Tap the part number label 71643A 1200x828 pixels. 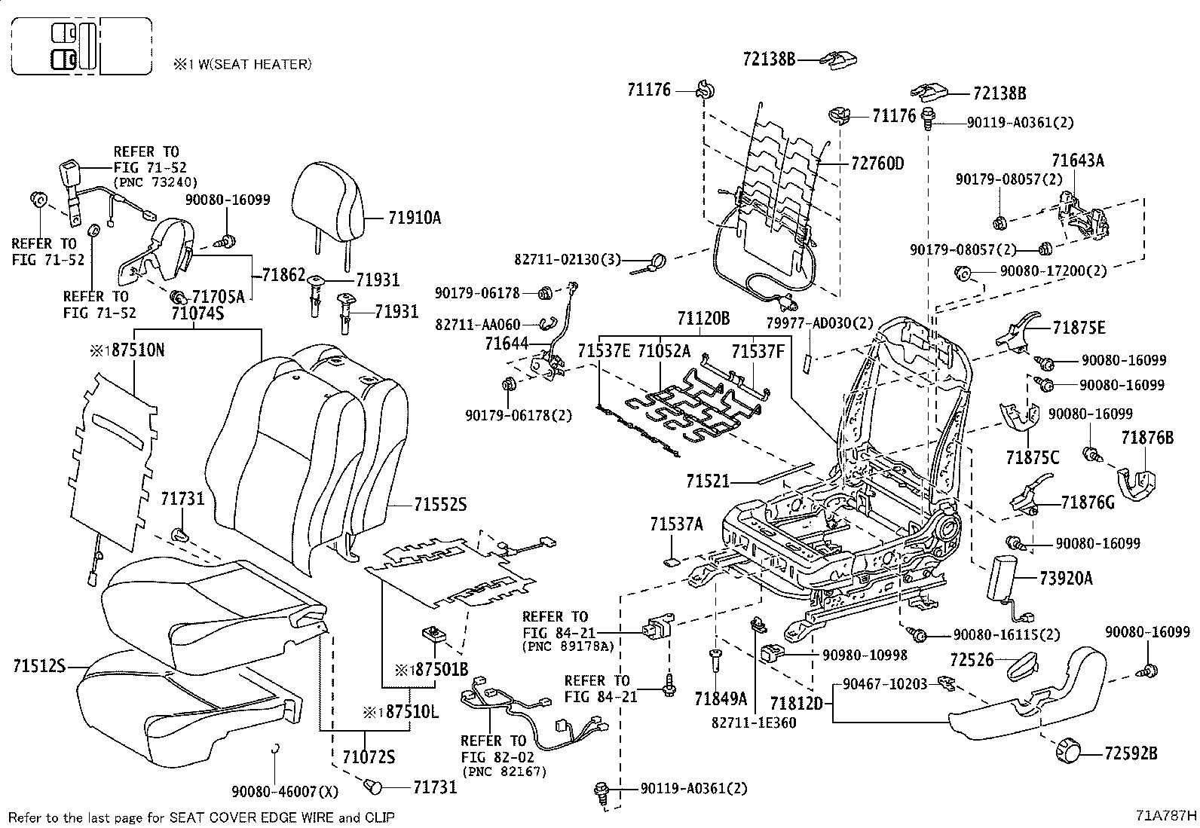click(x=1078, y=160)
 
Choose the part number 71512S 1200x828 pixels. click(x=40, y=666)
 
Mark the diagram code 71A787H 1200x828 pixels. click(x=1166, y=816)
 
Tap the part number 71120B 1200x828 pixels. click(x=703, y=319)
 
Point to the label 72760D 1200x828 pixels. click(x=877, y=163)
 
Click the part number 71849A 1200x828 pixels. click(x=721, y=699)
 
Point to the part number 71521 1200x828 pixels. click(x=708, y=480)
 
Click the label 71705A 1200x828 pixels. click(x=219, y=297)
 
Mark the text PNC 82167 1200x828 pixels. click(x=504, y=771)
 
